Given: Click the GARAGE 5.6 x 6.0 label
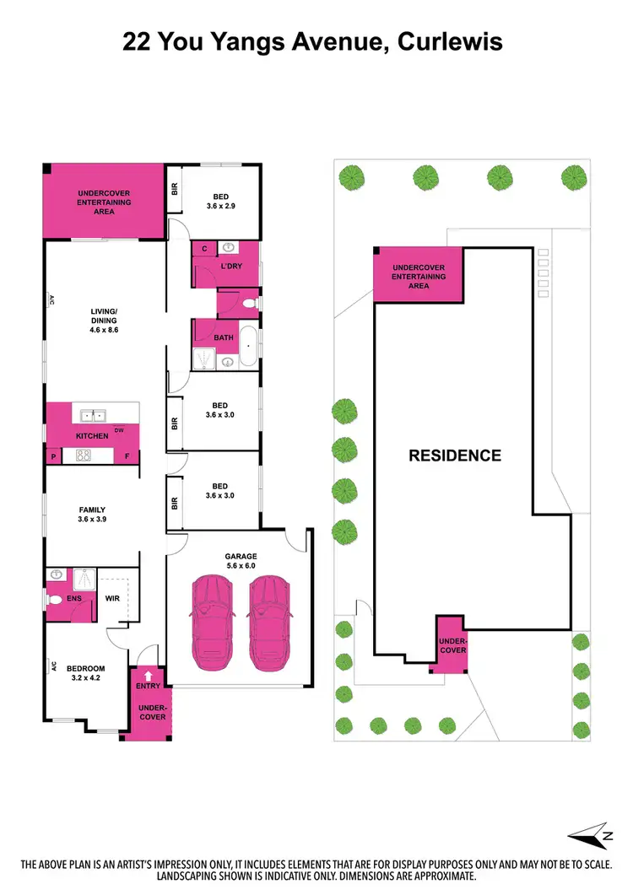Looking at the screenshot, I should point(240,561).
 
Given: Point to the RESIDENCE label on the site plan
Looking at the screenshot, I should point(455,456).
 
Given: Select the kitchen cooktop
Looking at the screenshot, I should point(84,456).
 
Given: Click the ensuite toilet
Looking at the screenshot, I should point(55,600).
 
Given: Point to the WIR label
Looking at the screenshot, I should point(113,600).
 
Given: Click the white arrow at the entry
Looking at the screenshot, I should point(148,674).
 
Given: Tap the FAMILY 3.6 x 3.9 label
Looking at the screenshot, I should point(92,515).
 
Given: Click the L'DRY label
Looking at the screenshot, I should point(231,267).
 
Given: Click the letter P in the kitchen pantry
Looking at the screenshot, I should point(53,456).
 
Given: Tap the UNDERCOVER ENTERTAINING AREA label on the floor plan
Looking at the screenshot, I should point(104,202).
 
